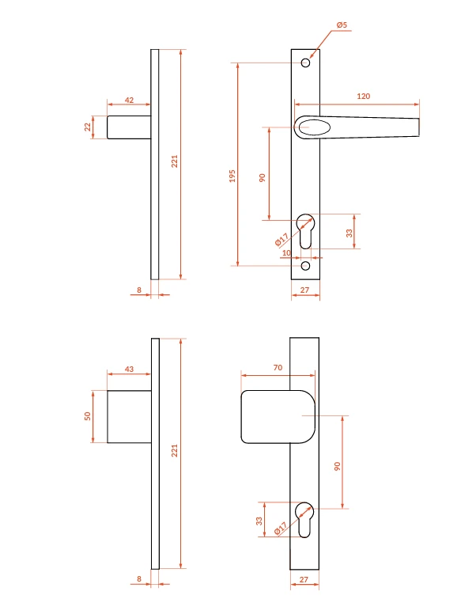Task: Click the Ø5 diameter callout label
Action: (342, 25)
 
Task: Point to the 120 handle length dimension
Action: (364, 97)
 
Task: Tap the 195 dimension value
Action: (232, 176)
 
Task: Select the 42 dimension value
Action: (130, 100)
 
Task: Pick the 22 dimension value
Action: (88, 127)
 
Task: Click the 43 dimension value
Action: (130, 369)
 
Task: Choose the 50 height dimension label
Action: (88, 416)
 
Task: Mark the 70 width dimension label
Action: (278, 367)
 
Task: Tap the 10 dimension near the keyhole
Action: (286, 253)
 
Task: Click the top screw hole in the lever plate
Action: (305, 63)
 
